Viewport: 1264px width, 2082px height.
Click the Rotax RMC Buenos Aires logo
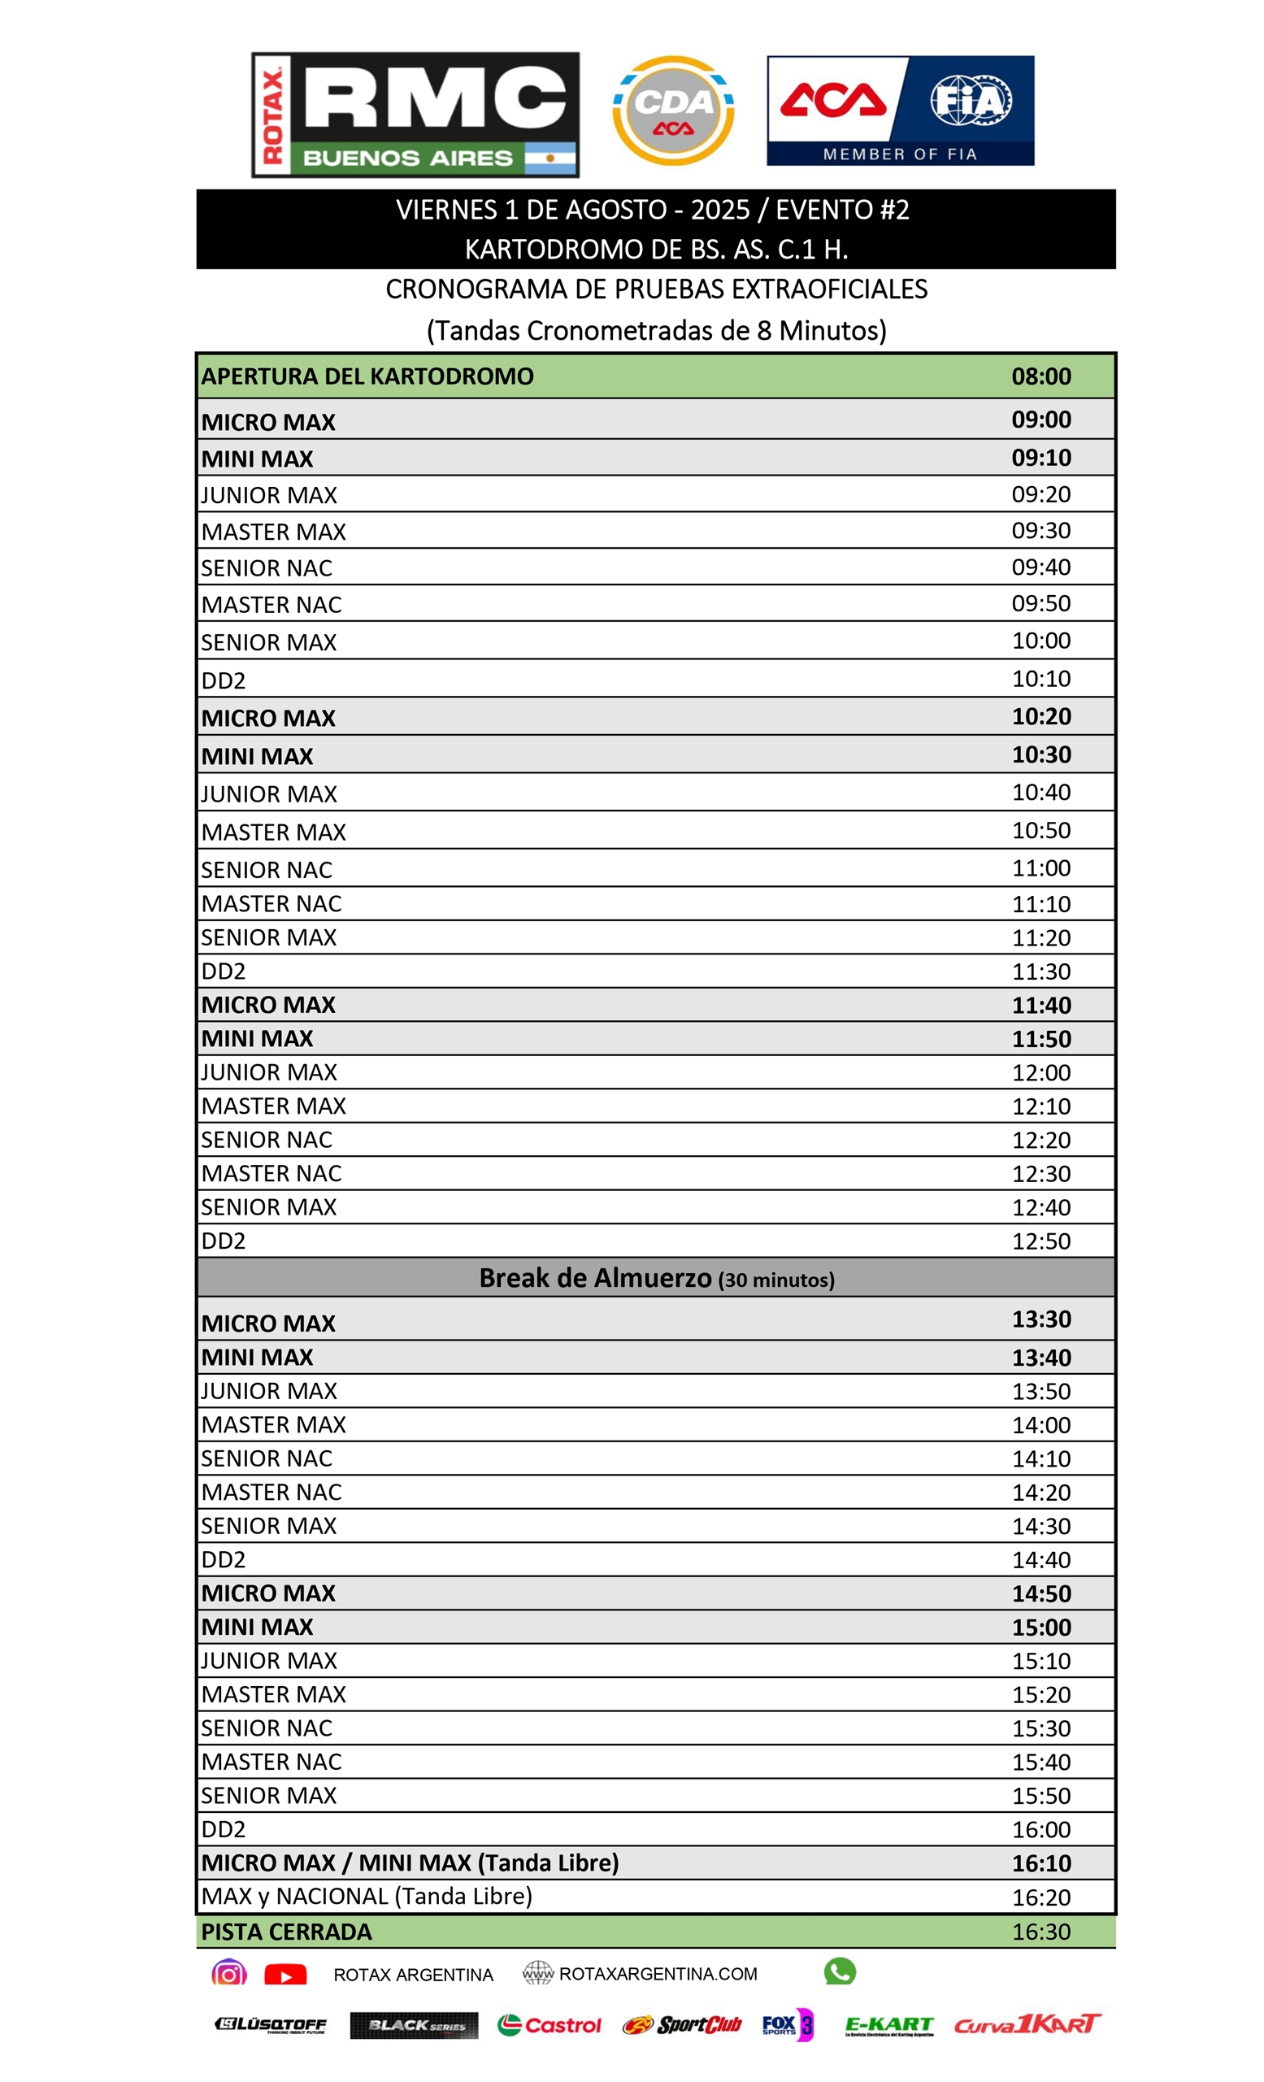(x=415, y=115)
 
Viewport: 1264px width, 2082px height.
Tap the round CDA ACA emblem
(x=672, y=111)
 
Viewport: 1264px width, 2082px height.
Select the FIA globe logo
(x=971, y=101)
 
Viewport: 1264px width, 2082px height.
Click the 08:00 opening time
(x=1041, y=377)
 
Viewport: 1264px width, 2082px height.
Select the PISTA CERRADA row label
(x=286, y=1932)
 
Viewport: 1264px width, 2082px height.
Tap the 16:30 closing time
(x=1041, y=1932)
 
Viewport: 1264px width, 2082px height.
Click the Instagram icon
(x=228, y=1974)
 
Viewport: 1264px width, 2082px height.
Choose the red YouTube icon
(x=285, y=1976)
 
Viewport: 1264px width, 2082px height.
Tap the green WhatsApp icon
(x=839, y=1971)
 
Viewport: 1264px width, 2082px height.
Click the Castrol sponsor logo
(x=549, y=2025)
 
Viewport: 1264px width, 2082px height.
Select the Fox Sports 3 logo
(x=787, y=2024)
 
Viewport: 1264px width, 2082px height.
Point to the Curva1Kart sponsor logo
(x=1027, y=2023)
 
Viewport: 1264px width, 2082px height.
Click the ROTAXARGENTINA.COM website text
(x=658, y=1974)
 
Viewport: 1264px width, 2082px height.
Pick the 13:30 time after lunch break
(x=1041, y=1319)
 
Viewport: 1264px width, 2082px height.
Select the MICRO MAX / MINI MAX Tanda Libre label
(x=410, y=1863)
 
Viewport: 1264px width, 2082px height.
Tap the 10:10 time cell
(x=1041, y=679)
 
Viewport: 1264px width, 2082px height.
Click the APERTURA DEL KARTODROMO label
(x=367, y=377)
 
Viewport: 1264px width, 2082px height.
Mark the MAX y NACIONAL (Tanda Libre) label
(x=367, y=1896)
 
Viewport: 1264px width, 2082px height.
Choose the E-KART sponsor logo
(x=888, y=2024)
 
